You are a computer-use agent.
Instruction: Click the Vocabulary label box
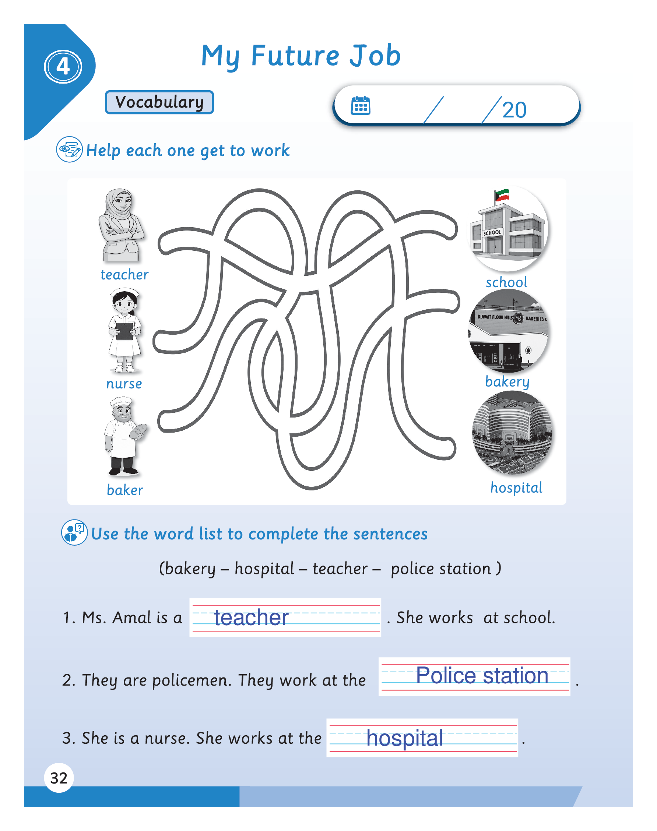(x=159, y=102)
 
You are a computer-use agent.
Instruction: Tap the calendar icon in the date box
(x=361, y=105)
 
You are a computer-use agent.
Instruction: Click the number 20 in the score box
(x=514, y=110)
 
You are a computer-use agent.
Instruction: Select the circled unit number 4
(x=63, y=67)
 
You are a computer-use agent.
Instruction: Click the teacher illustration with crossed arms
(x=121, y=225)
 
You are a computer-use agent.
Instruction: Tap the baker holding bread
(x=124, y=437)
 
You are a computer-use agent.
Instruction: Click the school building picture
(x=508, y=228)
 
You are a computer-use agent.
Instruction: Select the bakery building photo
(x=509, y=331)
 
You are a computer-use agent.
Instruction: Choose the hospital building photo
(x=512, y=433)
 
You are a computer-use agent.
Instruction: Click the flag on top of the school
(x=502, y=196)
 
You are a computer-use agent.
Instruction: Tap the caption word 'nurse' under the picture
(x=124, y=384)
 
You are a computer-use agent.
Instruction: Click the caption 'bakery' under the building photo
(x=507, y=382)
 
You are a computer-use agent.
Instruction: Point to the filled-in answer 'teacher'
(x=251, y=617)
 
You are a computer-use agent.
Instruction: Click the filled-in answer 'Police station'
(x=482, y=676)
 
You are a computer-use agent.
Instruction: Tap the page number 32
(x=59, y=778)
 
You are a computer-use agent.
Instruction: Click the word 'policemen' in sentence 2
(x=192, y=681)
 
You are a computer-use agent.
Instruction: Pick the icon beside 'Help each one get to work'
(x=69, y=149)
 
